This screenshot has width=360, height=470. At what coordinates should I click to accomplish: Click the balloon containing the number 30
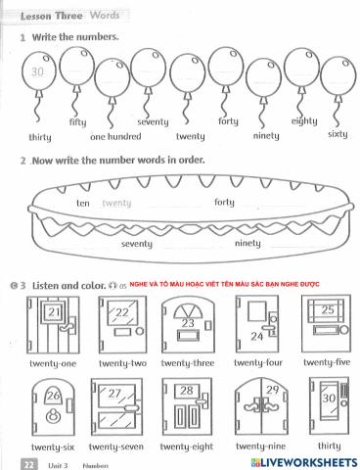coord(39,73)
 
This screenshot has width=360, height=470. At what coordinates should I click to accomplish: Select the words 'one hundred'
coord(116,137)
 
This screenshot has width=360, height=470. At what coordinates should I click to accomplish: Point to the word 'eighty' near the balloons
coord(304,121)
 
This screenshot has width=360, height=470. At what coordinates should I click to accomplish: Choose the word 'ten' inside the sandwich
coord(82,203)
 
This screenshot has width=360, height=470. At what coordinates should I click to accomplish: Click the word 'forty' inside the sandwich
coord(224,203)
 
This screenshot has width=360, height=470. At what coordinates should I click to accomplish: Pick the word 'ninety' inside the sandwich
coord(247,243)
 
